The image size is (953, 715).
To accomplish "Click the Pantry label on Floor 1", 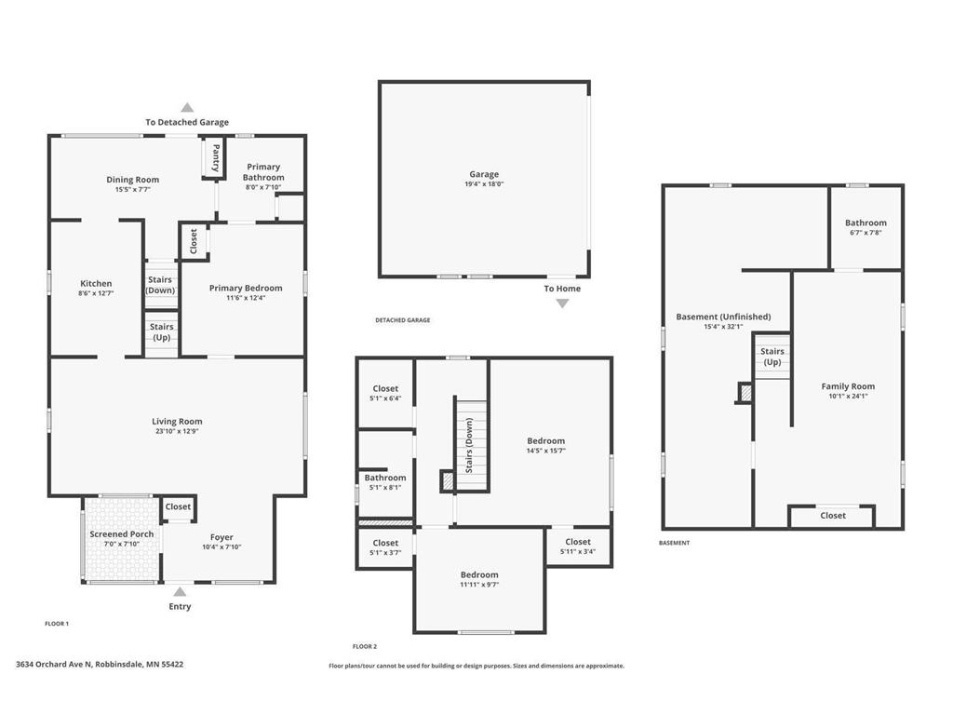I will [x=216, y=158].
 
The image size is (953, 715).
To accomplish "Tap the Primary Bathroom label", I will [x=263, y=172].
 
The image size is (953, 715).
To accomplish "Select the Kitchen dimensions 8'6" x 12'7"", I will [x=96, y=294].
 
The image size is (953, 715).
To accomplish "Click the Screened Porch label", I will [x=121, y=534].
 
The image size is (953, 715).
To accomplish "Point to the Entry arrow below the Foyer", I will [x=180, y=591].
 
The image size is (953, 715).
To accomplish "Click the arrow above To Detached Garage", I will [x=187, y=108].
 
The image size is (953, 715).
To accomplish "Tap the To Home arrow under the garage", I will [x=562, y=303].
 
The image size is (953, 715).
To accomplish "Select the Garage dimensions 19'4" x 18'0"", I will [x=484, y=184].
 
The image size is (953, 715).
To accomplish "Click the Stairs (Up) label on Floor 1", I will [x=162, y=332].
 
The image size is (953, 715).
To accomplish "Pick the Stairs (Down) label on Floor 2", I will [x=469, y=445].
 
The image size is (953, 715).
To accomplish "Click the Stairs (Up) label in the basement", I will [x=772, y=357].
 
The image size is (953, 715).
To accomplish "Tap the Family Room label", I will [x=848, y=386].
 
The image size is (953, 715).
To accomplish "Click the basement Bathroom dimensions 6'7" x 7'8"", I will [x=866, y=233].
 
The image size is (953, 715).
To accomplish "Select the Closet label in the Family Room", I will [x=833, y=516].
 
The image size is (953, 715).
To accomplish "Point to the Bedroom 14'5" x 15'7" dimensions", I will [x=545, y=451].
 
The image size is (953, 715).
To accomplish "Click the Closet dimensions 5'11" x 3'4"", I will [x=577, y=551].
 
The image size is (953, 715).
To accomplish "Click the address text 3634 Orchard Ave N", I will [x=100, y=665].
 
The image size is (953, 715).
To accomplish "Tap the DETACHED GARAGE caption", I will [x=402, y=320].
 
